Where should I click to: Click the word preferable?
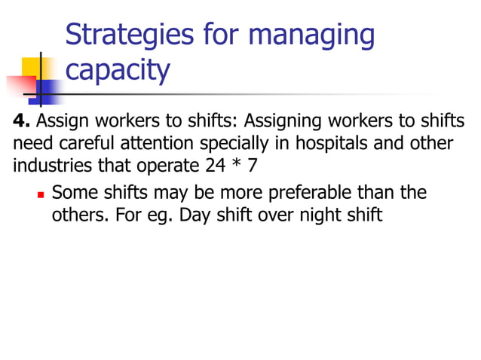(x=300, y=193)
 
